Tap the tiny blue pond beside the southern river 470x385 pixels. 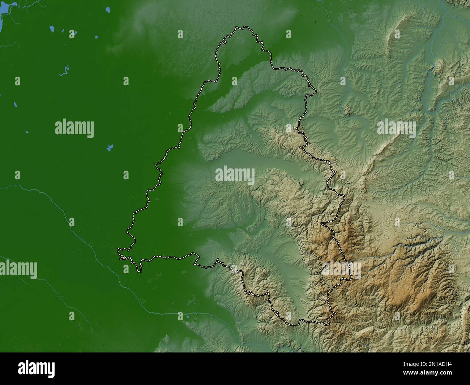pyautogui.click(x=188, y=318)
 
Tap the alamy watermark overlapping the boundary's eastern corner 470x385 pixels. pyautogui.click(x=342, y=269)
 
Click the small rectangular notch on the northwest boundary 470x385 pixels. pyautogui.click(x=224, y=43)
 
